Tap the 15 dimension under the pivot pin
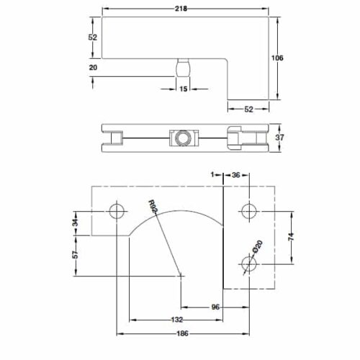[183, 89]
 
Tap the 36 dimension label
[236, 174]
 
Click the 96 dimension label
[215, 307]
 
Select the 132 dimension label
[177, 320]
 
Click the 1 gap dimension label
[214, 174]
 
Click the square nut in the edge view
[180, 137]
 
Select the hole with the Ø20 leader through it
[249, 264]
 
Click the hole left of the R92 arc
[115, 211]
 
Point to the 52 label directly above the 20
[93, 37]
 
